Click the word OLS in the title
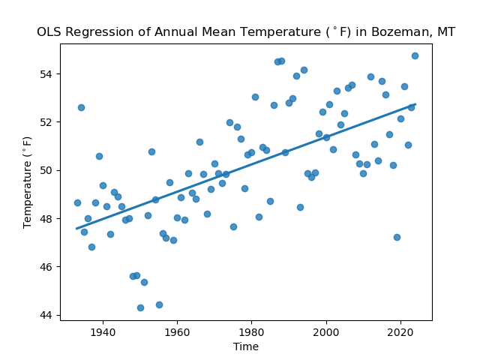pos(49,32)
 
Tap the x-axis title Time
pos(246,346)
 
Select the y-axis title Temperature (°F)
pos(28,182)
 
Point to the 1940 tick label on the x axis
pos(103,331)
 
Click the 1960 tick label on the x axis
pos(177,331)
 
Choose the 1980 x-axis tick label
pos(251,331)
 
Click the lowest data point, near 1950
pos(140,307)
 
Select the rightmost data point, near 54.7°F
pos(415,55)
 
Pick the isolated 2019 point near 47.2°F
pos(397,237)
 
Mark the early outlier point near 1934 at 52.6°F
pos(81,107)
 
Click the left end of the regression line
pos(77,229)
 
